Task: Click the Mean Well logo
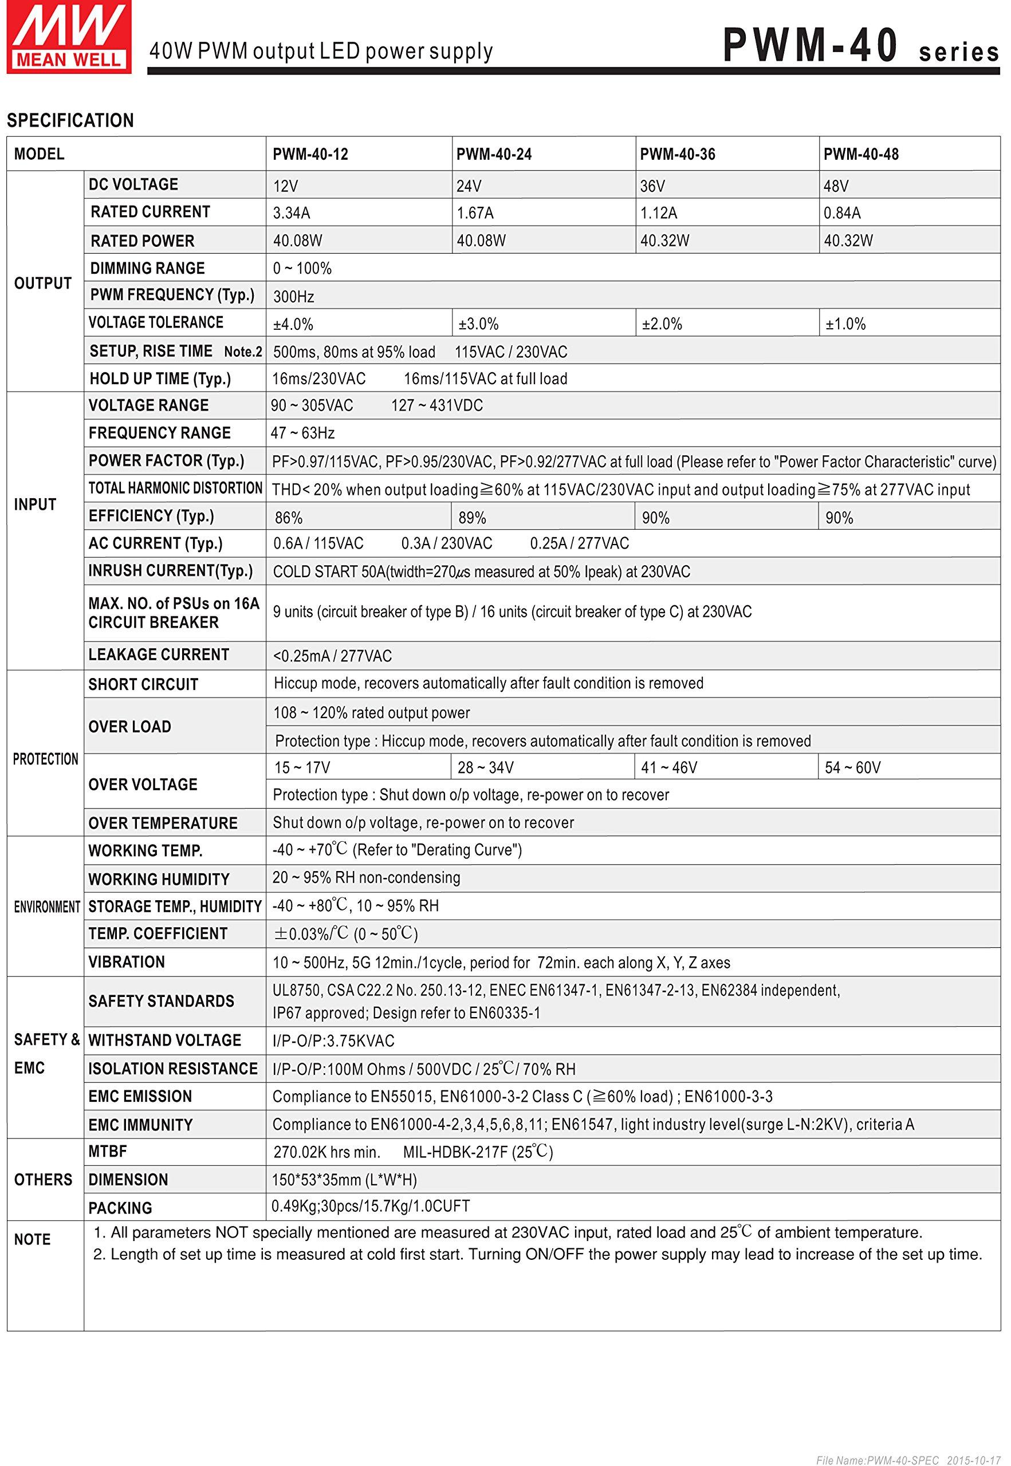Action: coord(68,37)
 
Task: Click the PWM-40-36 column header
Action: coord(677,155)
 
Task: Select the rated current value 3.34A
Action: coord(292,214)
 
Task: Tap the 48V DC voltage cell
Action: coord(836,186)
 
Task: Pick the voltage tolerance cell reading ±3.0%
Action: coord(478,324)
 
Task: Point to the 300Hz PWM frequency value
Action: coord(293,297)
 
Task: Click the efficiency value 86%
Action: coord(288,518)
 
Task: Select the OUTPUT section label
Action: coord(42,283)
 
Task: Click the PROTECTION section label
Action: coord(45,759)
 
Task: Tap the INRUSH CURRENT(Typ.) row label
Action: coord(170,570)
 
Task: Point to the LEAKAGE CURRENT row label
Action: coord(158,655)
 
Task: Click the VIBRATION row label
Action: coord(126,962)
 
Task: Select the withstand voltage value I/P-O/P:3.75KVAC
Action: coord(333,1041)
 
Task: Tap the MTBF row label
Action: coord(108,1151)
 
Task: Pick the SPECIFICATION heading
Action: coord(70,120)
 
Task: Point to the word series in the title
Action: coord(958,53)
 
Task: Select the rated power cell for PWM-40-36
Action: coord(664,241)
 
